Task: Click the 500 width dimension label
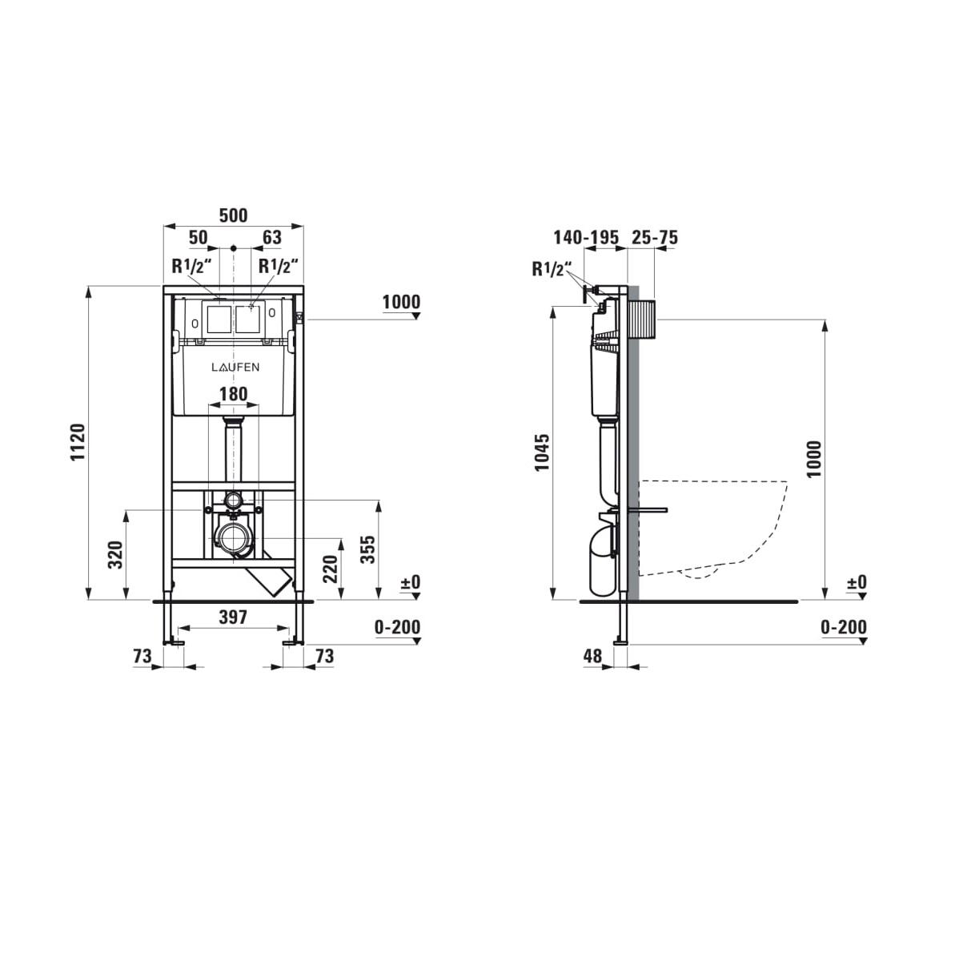tap(234, 215)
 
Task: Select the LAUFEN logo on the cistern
tap(235, 367)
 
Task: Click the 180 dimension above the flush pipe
tap(234, 394)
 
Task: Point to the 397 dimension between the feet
tap(234, 617)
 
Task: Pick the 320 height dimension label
tap(116, 554)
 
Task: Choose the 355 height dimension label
tap(368, 549)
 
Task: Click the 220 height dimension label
tap(330, 569)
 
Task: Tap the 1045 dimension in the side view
tap(541, 452)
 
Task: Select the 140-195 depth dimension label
tap(586, 237)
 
